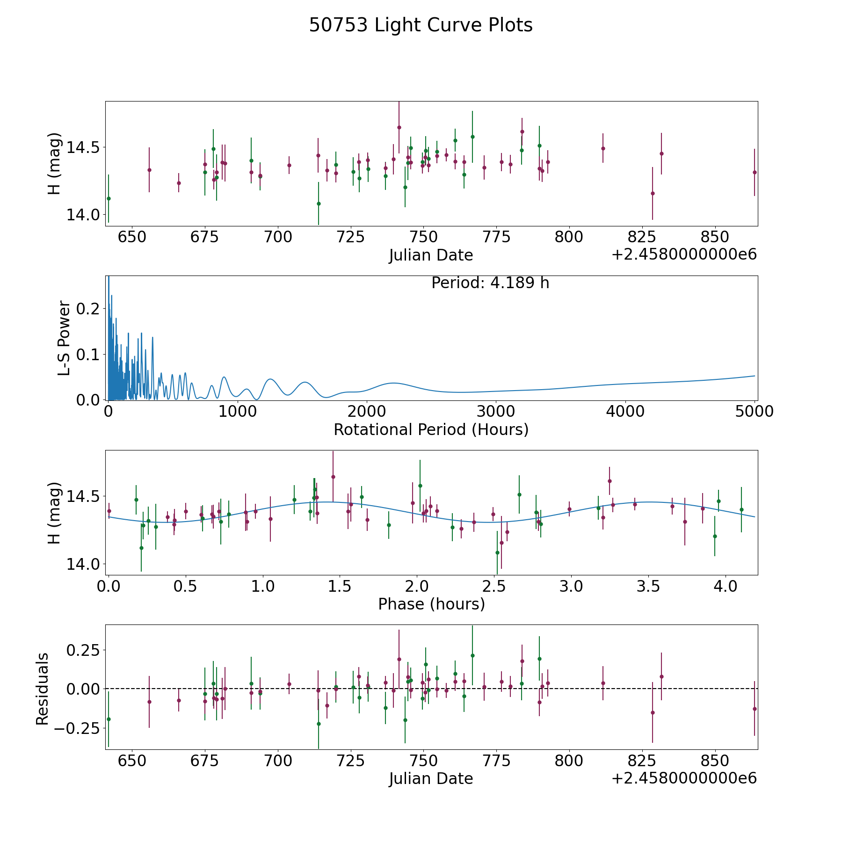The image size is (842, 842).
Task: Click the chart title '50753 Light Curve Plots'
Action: coord(421,25)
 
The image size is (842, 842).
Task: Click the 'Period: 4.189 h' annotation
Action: coord(490,283)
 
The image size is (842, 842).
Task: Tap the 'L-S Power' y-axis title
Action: coord(65,338)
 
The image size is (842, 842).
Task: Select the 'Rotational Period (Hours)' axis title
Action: coord(431,429)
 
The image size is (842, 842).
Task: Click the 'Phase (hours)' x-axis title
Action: coord(431,604)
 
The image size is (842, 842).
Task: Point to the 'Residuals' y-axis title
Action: coord(43,689)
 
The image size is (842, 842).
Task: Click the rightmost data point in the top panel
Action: coord(755,172)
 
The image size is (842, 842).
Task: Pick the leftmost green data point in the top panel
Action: coord(109,198)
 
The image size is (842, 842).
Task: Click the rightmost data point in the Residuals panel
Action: coord(755,709)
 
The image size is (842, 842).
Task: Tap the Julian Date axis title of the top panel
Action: coord(431,255)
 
